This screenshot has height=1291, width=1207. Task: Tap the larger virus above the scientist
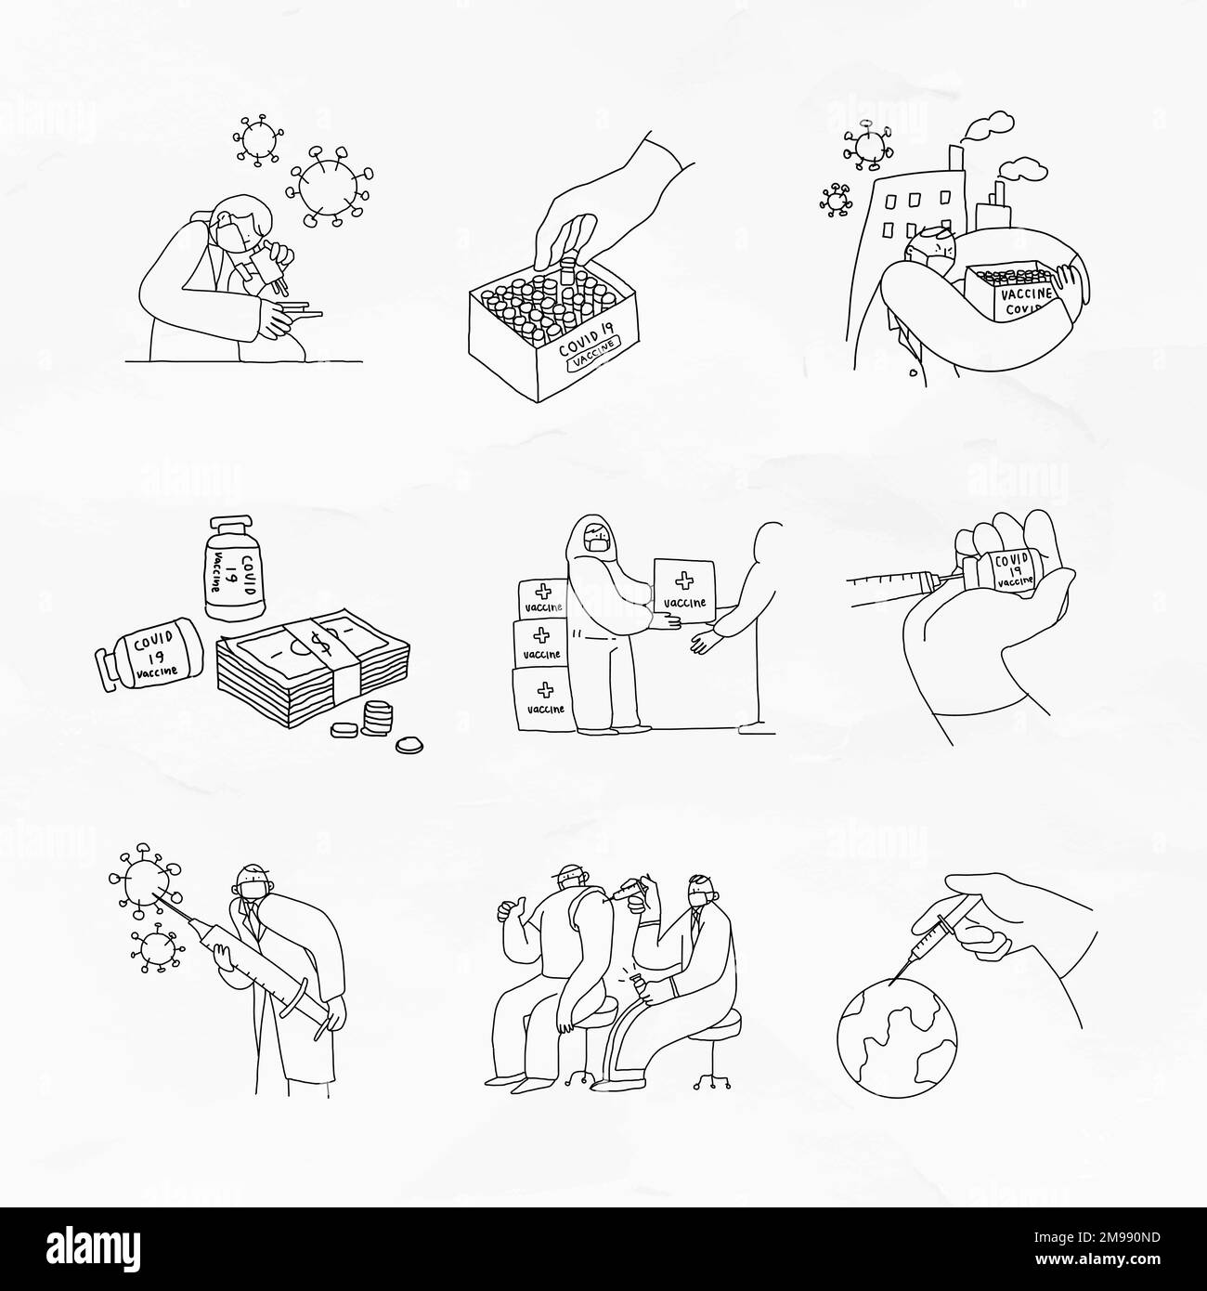[x=330, y=183]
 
